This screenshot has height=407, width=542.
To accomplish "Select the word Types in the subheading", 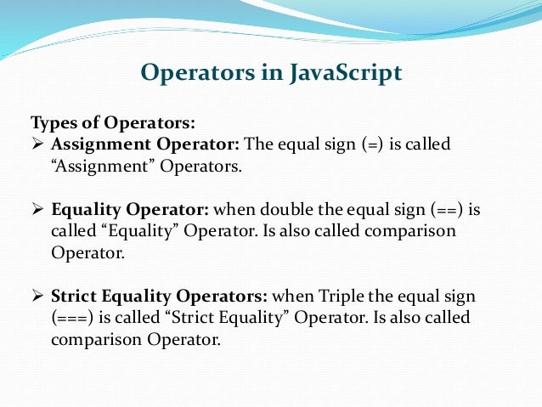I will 53,122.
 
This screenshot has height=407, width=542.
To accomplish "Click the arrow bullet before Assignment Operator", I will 37,144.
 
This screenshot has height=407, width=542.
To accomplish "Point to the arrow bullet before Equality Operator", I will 37,209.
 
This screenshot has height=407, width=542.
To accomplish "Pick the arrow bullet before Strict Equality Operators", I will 37,297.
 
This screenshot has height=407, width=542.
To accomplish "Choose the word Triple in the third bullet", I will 342,297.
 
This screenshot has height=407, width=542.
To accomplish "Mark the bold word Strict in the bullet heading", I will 76,297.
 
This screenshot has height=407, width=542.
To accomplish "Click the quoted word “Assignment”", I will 96,167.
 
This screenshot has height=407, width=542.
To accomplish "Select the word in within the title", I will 275,74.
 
